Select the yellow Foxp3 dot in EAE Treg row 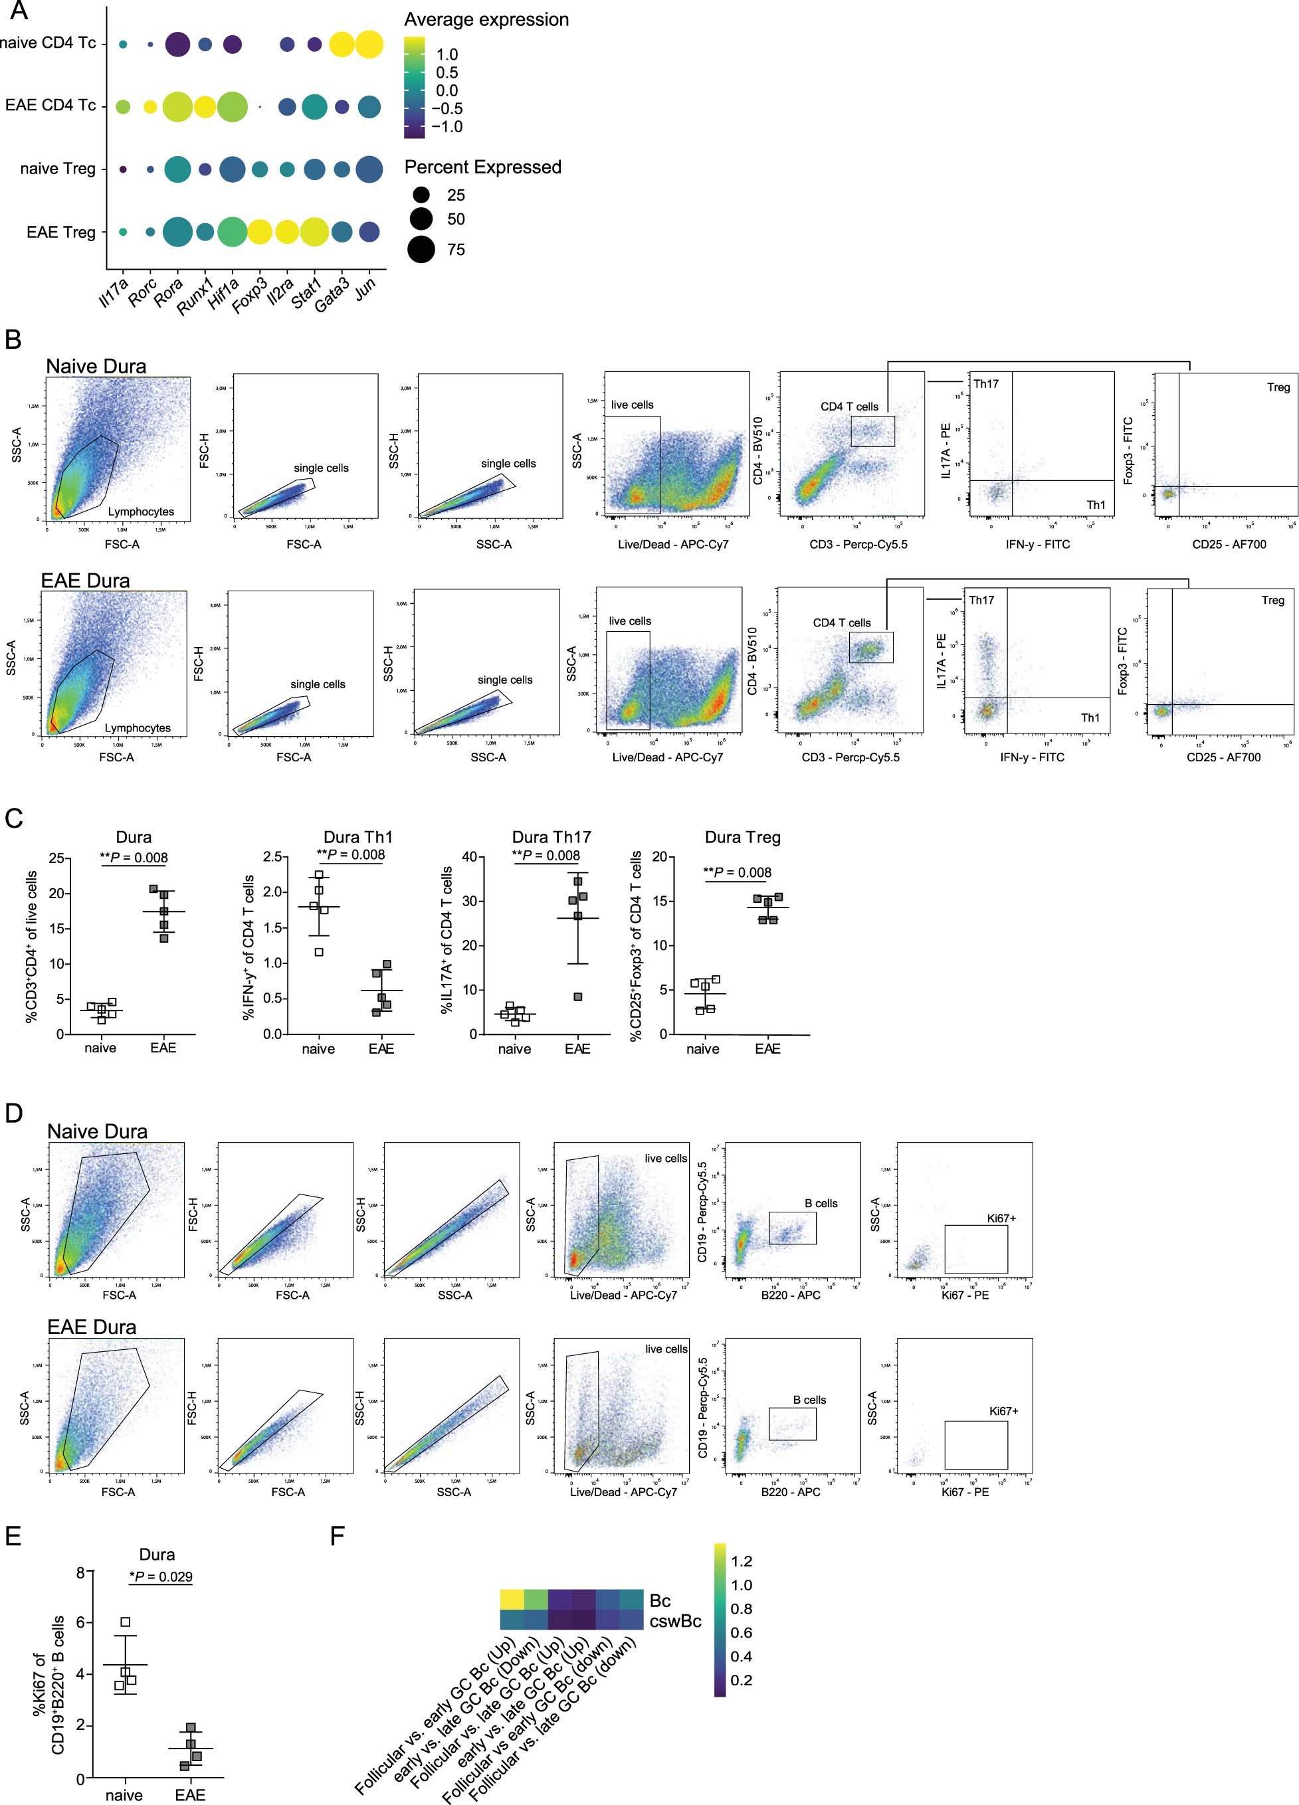[x=258, y=233]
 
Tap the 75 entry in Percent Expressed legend [x=456, y=250]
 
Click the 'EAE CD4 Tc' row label [x=50, y=105]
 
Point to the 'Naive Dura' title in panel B [x=96, y=366]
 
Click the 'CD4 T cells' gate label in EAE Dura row [x=841, y=622]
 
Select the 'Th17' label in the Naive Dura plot [x=985, y=383]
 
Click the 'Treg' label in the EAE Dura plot [x=1272, y=600]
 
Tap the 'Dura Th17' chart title [x=551, y=836]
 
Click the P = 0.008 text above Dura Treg [x=738, y=872]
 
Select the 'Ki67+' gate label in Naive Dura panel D [x=1001, y=1218]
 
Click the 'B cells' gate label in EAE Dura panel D [x=809, y=1399]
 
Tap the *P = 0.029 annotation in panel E [x=161, y=1576]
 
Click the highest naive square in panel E [x=125, y=1622]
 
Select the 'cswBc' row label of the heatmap [x=675, y=1621]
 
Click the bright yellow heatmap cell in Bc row [x=512, y=1600]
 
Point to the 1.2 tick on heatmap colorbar [x=741, y=1561]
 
